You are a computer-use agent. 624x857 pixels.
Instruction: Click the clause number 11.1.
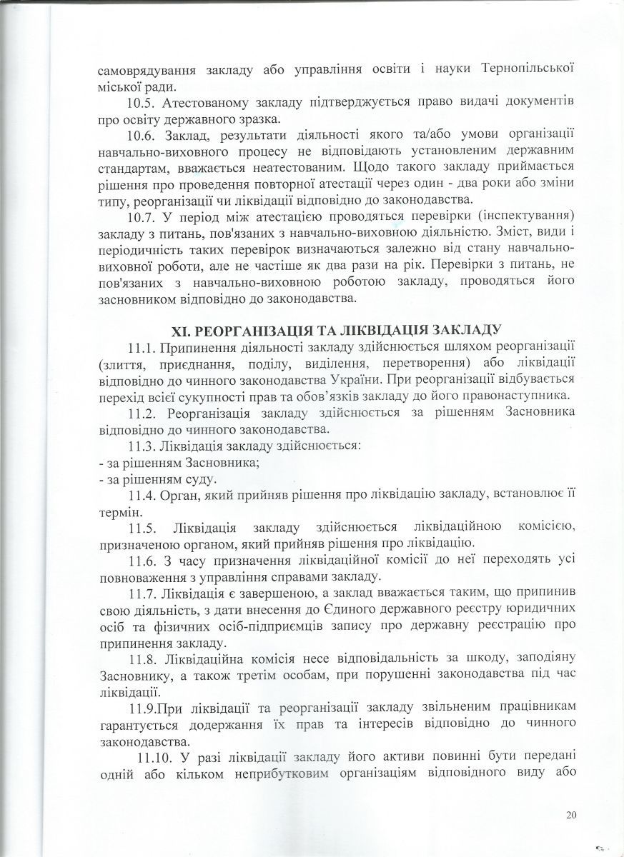pos(143,348)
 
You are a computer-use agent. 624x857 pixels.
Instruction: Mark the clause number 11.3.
pos(143,446)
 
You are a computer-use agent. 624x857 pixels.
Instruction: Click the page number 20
pos(570,815)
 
